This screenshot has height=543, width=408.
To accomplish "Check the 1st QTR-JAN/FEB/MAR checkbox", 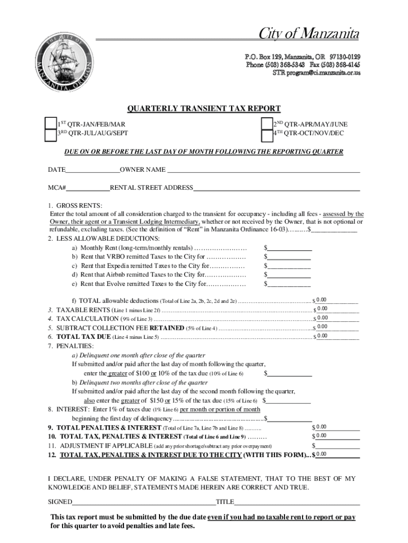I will [50, 124].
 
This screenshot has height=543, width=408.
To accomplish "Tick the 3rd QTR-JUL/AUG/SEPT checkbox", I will [50, 135].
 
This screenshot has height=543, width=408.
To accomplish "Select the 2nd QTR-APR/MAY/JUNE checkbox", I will [267, 124].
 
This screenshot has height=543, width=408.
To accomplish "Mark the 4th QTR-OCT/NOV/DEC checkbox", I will [267, 135].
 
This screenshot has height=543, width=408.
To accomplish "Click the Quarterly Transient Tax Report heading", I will [204, 109].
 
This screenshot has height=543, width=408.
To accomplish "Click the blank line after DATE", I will [93, 170].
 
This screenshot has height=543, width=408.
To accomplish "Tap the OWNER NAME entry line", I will [263, 170].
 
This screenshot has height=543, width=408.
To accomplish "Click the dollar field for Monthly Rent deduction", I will [289, 248].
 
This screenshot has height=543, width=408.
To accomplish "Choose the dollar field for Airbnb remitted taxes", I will [289, 275].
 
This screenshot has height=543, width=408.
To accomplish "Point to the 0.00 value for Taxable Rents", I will [322, 309].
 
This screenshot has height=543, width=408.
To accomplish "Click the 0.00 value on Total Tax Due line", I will [322, 336].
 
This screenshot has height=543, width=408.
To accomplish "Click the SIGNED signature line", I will [144, 502].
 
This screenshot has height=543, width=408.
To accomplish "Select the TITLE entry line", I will [297, 502].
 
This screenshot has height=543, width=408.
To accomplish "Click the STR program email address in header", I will [316, 73].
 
